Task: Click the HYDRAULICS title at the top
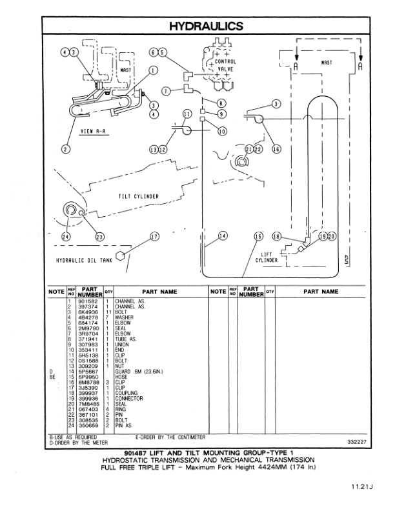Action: click(205, 26)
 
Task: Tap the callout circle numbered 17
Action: click(154, 237)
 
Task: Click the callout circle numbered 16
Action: click(276, 149)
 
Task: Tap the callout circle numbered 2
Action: click(65, 150)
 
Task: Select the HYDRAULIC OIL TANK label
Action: click(83, 261)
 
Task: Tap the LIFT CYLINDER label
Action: click(266, 257)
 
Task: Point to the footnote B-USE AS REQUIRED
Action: click(73, 437)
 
